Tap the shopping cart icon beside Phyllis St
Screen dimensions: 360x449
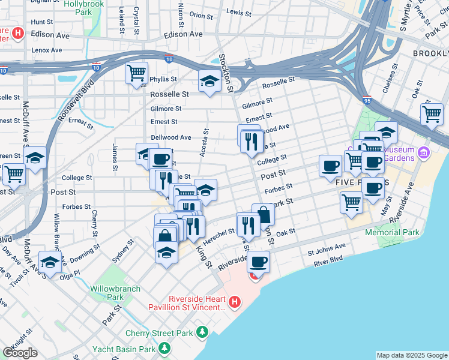tap(137, 73)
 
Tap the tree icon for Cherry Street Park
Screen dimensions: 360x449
tap(202, 332)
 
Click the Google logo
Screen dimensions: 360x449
tap(20, 352)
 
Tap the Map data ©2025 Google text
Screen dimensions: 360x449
tap(412, 355)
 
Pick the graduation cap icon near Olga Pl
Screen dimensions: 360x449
tap(50, 262)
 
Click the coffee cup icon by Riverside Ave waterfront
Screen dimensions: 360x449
tap(258, 262)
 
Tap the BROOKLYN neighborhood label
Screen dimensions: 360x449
tap(430, 53)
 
